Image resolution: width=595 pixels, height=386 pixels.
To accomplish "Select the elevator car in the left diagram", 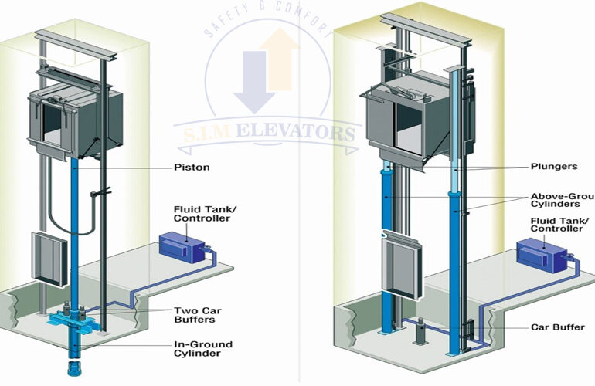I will click(x=73, y=124).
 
